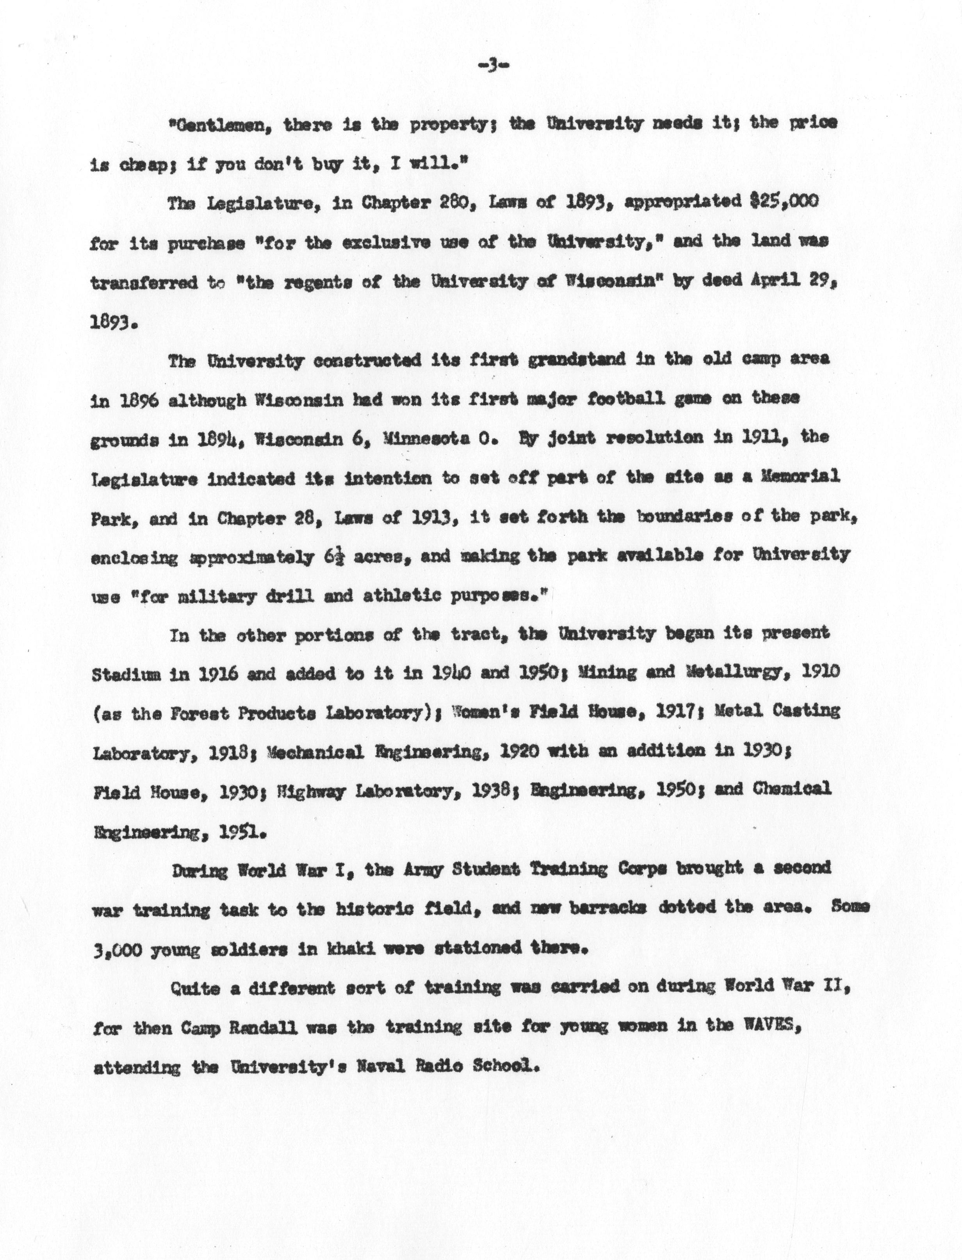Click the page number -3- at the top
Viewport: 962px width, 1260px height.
coord(493,67)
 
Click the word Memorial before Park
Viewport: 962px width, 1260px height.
coord(799,477)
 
